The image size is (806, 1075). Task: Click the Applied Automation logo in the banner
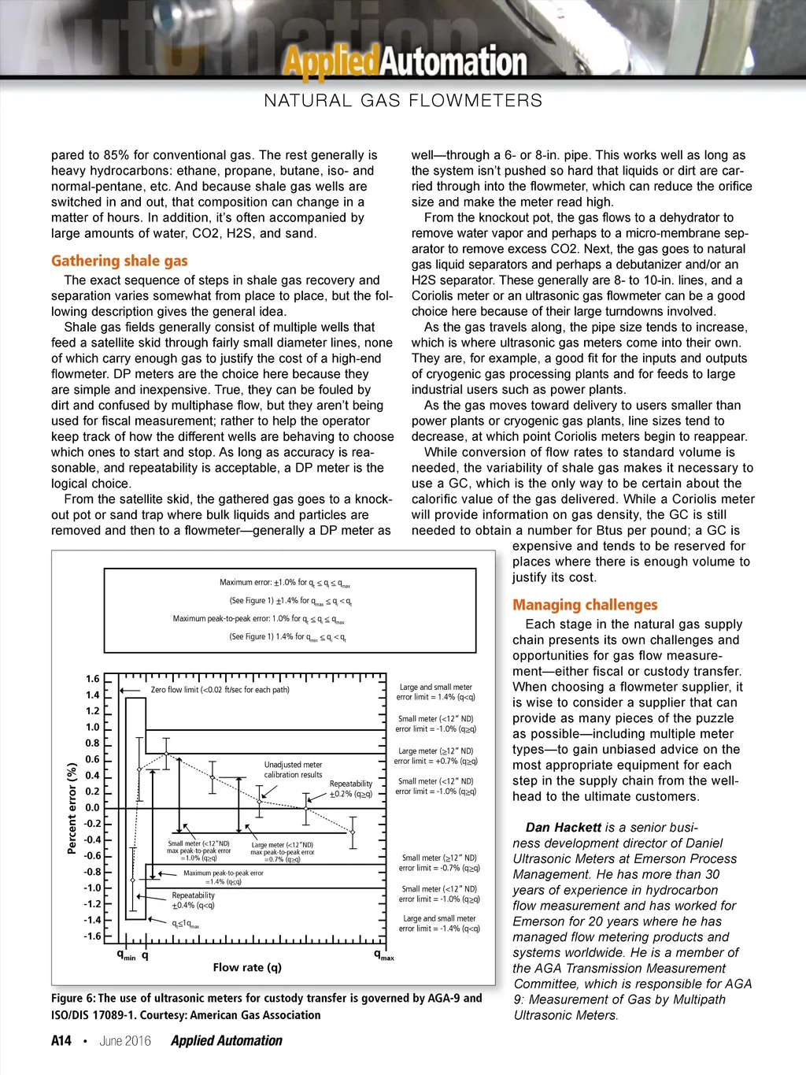405,61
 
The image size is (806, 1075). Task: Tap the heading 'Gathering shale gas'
120,261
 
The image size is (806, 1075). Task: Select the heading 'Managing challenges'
585,605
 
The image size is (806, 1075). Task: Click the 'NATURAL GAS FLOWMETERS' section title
403,101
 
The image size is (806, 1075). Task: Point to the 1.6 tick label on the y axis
93,679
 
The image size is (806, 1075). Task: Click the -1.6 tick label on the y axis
92,936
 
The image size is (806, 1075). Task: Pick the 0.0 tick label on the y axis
93,807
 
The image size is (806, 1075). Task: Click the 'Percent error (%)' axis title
72,807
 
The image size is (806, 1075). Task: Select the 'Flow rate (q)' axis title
247,967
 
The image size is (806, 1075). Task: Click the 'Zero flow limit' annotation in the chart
220,690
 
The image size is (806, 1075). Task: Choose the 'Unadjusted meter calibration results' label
293,769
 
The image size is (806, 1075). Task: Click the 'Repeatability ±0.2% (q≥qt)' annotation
351,789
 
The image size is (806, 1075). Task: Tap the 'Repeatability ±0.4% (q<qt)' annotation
193,900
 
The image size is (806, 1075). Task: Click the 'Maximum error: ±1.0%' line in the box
285,583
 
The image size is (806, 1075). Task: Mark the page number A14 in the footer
61,1040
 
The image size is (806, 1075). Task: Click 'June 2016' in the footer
125,1040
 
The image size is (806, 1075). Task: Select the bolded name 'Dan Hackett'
563,827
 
